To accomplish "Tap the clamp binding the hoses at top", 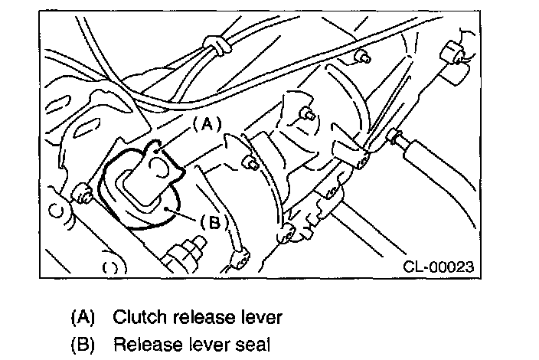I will [x=217, y=47].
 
